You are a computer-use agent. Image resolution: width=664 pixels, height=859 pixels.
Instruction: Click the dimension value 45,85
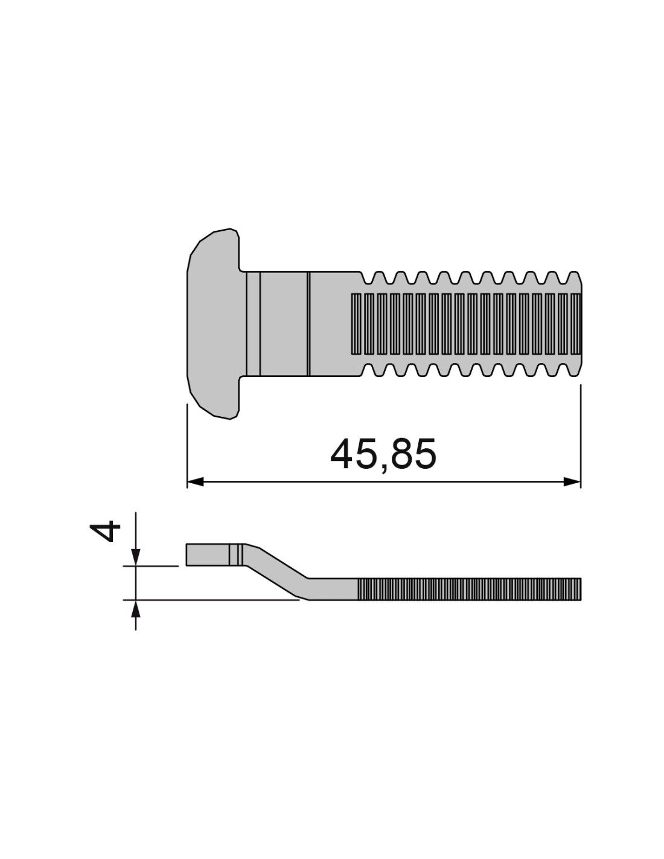(383, 454)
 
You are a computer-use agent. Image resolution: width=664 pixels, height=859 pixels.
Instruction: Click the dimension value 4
(104, 530)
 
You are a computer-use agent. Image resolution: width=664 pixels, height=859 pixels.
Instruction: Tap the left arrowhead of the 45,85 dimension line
(195, 482)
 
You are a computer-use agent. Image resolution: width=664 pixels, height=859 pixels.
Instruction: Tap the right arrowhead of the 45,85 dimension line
(572, 482)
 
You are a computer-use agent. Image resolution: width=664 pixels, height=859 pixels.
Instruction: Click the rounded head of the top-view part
(213, 324)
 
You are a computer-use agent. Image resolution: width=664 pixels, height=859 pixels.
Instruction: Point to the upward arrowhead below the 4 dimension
(135, 608)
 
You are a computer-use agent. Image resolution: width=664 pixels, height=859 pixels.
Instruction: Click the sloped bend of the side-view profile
(276, 571)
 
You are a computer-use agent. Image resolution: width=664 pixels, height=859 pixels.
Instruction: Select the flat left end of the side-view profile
(208, 555)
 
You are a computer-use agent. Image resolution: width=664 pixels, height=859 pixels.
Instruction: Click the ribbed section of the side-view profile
(469, 589)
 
